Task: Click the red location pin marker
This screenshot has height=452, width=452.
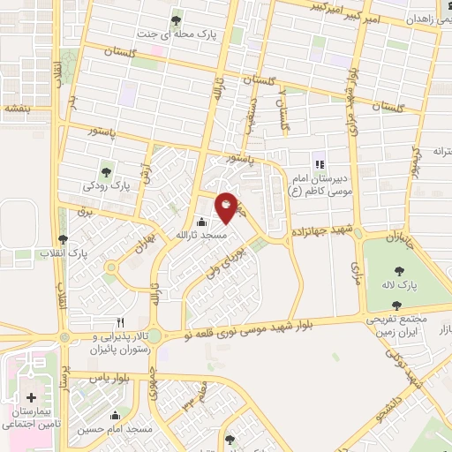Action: (226, 207)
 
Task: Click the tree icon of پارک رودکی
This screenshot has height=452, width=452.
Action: (107, 172)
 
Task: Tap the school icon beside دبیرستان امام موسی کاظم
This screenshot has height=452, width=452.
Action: (319, 164)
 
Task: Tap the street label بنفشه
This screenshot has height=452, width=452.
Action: (17, 109)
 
